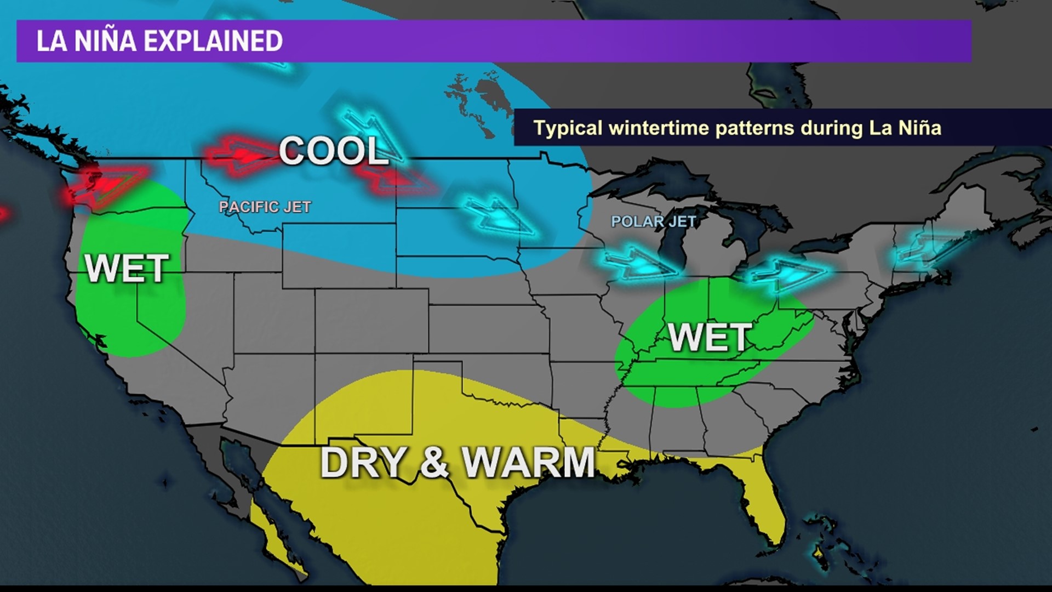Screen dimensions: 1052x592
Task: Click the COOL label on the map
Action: click(x=333, y=150)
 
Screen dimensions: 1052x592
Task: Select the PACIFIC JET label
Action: click(x=265, y=207)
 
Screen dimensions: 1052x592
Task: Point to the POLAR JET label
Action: click(x=653, y=221)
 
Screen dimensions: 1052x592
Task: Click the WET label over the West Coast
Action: click(x=127, y=269)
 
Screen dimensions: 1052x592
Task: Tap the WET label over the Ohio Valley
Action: click(x=710, y=337)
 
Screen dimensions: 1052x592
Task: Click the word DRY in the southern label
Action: click(x=363, y=462)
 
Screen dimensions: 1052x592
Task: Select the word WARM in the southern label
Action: click(x=529, y=462)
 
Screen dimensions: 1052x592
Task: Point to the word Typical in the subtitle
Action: click(x=568, y=128)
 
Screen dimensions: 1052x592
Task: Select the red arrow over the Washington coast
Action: click(x=104, y=184)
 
